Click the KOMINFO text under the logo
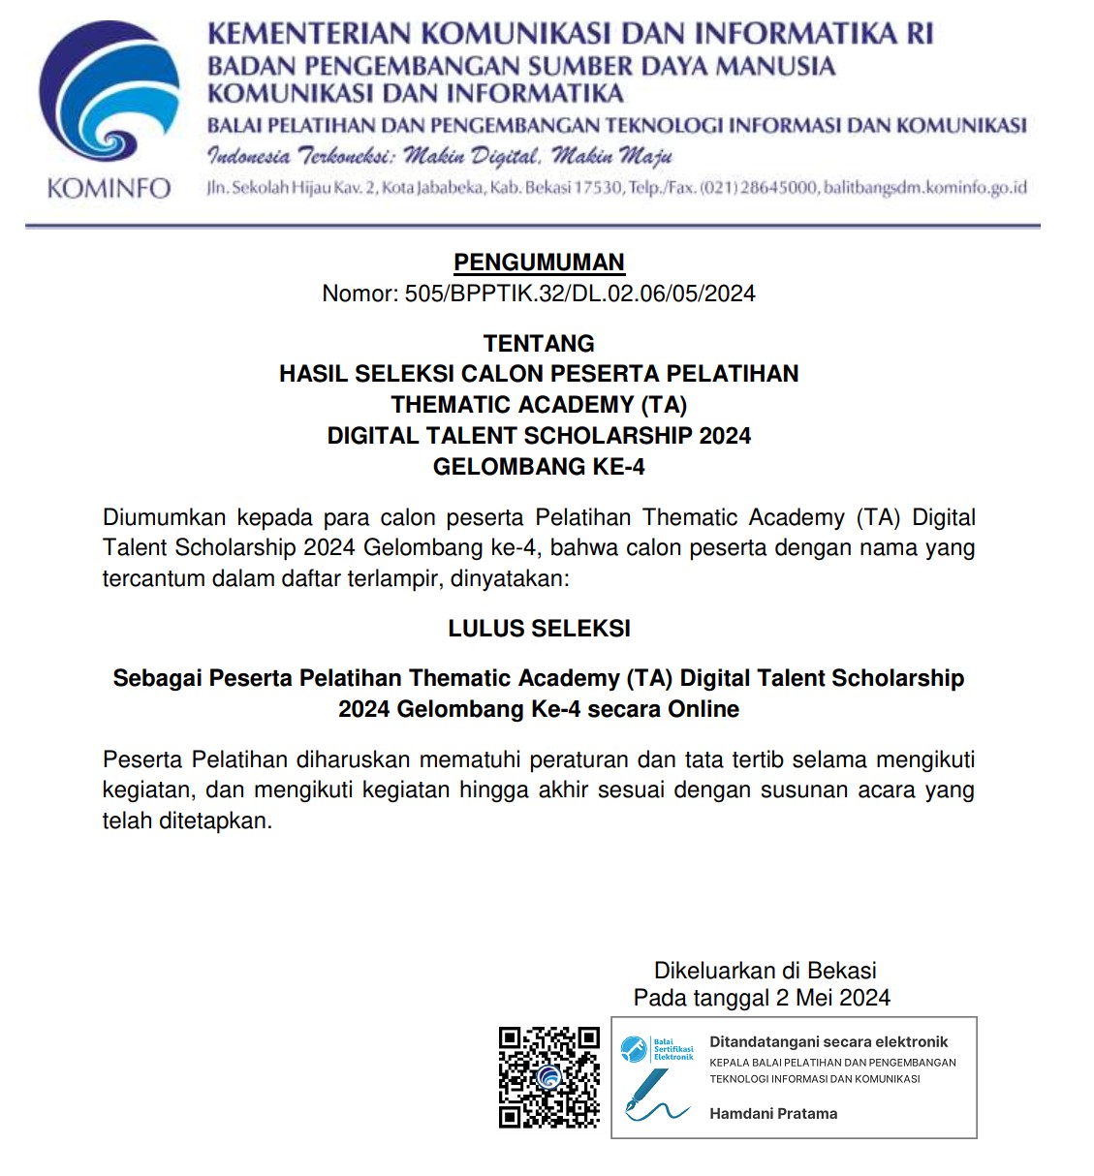[x=109, y=188]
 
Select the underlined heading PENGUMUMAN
[x=539, y=263]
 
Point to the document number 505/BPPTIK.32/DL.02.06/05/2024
[x=579, y=294]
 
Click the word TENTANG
[x=539, y=343]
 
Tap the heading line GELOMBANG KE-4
[x=539, y=467]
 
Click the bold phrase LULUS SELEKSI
[x=539, y=629]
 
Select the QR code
[x=549, y=1077]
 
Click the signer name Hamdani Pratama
[x=773, y=1114]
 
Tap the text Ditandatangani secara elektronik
[x=828, y=1042]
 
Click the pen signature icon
[x=654, y=1099]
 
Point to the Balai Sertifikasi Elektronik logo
[x=657, y=1049]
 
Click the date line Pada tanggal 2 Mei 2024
[x=762, y=998]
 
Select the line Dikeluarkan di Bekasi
[x=765, y=971]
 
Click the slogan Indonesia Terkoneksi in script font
[x=439, y=156]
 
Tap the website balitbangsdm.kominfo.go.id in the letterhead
[x=924, y=187]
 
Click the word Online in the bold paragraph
[x=702, y=709]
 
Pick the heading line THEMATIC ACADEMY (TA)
[x=539, y=405]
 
